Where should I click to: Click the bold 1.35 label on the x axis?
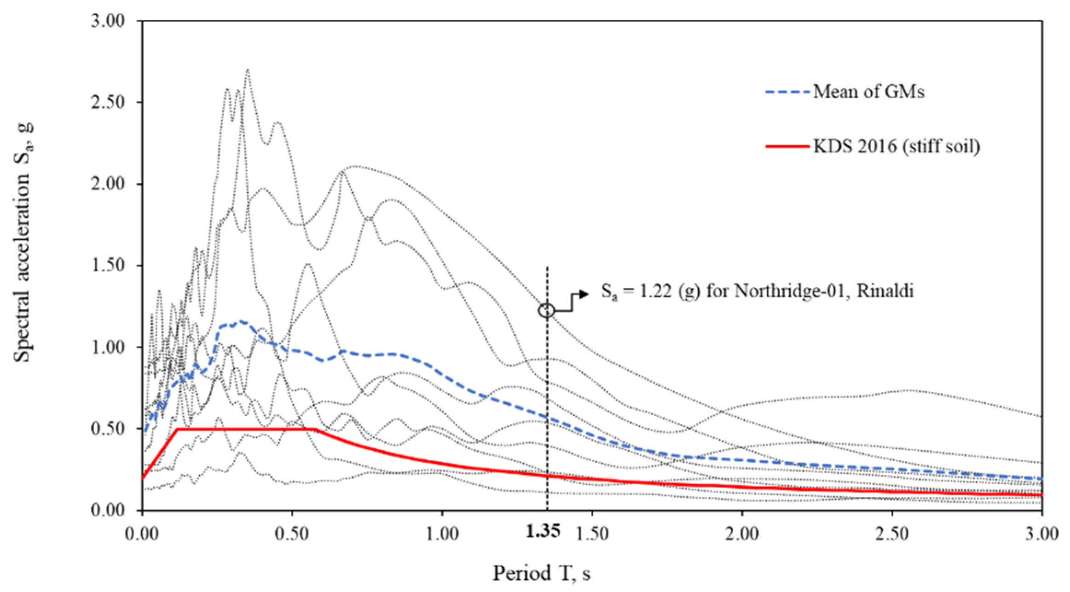click(x=543, y=532)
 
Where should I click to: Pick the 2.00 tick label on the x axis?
click(x=742, y=534)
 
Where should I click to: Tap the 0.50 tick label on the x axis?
click(x=292, y=534)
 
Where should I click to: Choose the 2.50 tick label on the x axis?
click(x=892, y=534)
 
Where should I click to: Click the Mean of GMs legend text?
click(x=868, y=92)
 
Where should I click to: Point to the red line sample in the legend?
click(x=787, y=146)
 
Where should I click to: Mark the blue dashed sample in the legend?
click(x=787, y=92)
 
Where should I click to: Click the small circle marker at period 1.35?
click(x=547, y=310)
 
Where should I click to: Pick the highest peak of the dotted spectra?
click(x=248, y=70)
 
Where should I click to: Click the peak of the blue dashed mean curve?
click(x=241, y=322)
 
